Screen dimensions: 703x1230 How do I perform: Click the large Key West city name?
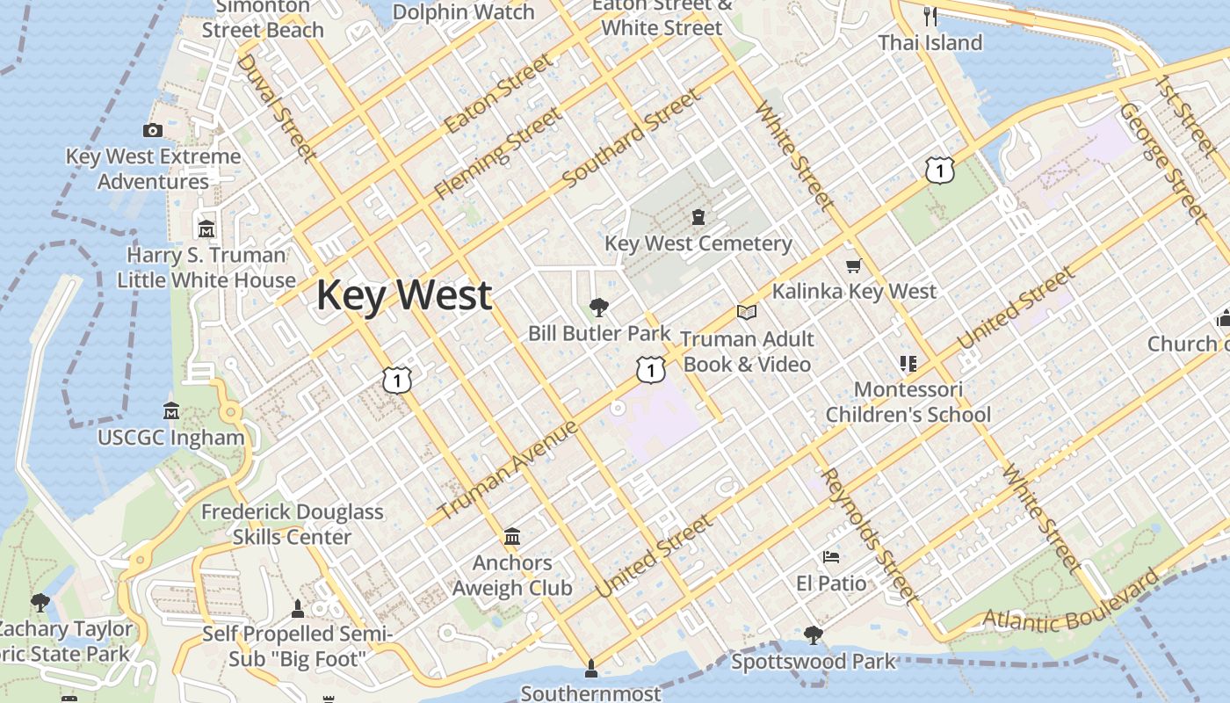pos(403,295)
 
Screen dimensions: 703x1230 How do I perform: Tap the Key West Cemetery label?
pos(698,243)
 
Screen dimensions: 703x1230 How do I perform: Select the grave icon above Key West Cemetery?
pos(698,216)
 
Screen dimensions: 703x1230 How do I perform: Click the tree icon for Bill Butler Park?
pos(599,307)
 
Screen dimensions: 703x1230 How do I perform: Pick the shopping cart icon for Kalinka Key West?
pos(852,265)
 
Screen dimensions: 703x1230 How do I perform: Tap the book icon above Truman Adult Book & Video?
pos(747,312)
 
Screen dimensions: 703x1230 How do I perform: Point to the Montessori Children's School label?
pos(908,402)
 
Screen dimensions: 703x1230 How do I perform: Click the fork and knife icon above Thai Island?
pos(930,16)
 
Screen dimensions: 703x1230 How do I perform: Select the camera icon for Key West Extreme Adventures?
pos(153,131)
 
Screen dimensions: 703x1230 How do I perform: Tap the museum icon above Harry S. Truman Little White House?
pos(206,228)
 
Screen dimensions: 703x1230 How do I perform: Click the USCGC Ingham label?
pos(171,438)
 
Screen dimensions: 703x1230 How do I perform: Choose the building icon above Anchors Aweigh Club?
pos(512,536)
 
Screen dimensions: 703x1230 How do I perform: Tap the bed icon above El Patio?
pos(830,556)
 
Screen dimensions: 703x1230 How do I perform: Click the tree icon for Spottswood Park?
pos(814,634)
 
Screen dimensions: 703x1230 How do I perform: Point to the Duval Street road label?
pos(276,108)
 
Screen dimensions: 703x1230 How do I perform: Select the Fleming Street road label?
pos(497,153)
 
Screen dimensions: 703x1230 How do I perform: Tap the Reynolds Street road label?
pos(870,537)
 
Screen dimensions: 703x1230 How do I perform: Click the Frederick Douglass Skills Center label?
pos(293,525)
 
